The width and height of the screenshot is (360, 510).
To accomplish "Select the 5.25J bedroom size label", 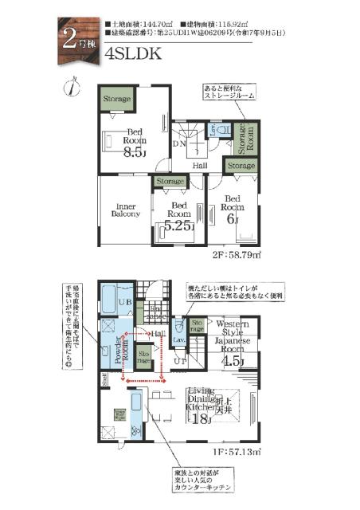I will pyautogui.click(x=178, y=226).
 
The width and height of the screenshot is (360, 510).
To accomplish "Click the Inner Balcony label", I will pyautogui.click(x=124, y=209).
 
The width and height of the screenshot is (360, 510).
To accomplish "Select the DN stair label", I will pyautogui.click(x=180, y=144).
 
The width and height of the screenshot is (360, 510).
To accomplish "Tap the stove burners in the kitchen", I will pyautogui.click(x=119, y=414).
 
